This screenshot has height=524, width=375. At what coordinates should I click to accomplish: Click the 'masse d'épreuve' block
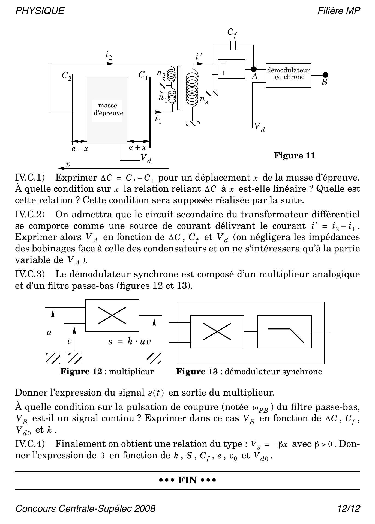(x=107, y=110)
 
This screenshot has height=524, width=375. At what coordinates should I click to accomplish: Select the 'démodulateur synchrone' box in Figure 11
(x=288, y=75)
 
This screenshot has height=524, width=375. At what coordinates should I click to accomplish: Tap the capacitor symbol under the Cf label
(x=233, y=45)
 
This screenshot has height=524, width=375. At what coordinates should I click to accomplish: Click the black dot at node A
(x=254, y=69)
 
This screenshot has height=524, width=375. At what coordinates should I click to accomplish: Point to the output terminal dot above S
(x=325, y=75)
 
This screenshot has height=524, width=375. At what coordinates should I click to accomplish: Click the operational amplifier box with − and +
(x=231, y=69)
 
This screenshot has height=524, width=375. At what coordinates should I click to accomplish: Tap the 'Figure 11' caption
(x=294, y=156)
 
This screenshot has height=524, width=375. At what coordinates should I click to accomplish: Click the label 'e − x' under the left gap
(x=80, y=149)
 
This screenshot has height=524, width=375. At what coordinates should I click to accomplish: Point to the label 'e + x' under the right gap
(x=137, y=148)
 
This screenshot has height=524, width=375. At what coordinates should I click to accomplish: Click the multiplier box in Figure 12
(x=112, y=315)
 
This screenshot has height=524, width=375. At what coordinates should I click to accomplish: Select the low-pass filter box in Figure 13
(x=284, y=331)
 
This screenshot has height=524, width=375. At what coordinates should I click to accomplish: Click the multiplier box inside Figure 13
(x=217, y=331)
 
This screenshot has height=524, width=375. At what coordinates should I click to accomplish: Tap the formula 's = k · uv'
(x=129, y=342)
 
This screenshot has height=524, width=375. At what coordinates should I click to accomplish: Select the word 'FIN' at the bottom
(x=187, y=480)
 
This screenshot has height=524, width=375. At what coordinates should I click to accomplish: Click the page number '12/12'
(x=349, y=509)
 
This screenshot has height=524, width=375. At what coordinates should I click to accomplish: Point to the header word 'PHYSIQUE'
(x=40, y=11)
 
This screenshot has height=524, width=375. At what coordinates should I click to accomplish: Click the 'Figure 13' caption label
(x=197, y=372)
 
